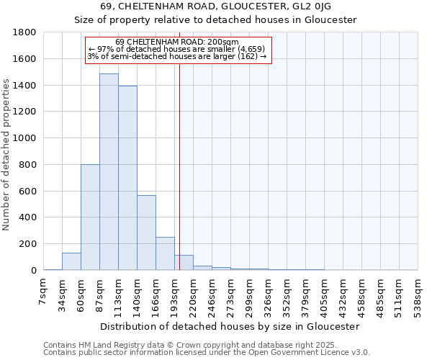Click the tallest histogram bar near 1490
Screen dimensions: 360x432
click(109, 173)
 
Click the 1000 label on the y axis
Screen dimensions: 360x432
click(25, 138)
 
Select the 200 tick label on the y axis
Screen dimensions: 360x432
click(28, 244)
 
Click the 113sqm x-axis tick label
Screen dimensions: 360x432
click(119, 294)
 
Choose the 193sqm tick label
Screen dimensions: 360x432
click(175, 294)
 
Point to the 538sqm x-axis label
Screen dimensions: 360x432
click(418, 294)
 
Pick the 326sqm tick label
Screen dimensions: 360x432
click(269, 294)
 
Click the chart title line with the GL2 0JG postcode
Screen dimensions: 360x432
click(216, 6)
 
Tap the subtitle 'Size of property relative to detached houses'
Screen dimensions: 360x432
click(216, 19)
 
